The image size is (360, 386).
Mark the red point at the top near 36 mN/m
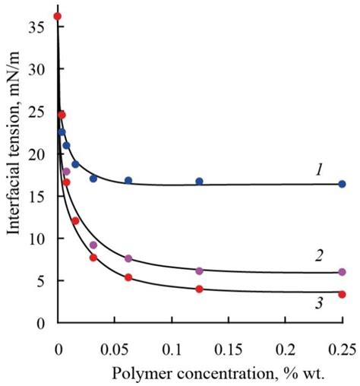click(58, 16)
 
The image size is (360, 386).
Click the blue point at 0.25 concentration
click(342, 184)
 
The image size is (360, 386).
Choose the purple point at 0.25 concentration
click(342, 272)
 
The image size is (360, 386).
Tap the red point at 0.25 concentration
click(342, 294)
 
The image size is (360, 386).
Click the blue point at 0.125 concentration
click(199, 182)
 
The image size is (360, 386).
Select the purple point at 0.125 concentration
click(199, 271)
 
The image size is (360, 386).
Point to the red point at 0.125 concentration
click(199, 289)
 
